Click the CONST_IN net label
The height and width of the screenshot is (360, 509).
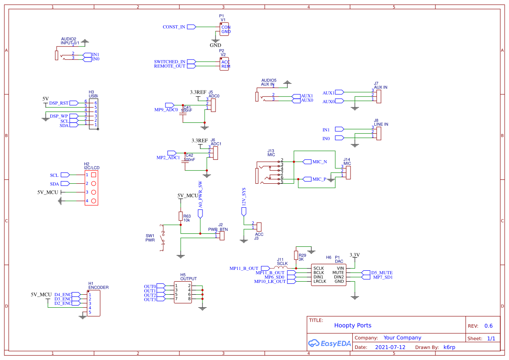(174, 27)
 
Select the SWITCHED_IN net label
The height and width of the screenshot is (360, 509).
(170, 62)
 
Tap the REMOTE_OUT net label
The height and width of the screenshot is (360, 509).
(170, 66)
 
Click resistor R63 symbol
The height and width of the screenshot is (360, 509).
(180, 216)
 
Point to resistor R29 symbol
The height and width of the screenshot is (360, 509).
(296, 256)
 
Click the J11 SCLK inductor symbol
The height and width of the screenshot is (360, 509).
(282, 267)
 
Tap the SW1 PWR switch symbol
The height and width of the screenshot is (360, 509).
(162, 239)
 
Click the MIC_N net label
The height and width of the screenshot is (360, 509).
(319, 161)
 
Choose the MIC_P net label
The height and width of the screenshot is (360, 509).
(319, 179)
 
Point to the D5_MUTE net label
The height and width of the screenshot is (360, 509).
(381, 273)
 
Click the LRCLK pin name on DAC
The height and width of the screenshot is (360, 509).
(319, 281)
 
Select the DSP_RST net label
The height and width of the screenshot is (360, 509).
(59, 103)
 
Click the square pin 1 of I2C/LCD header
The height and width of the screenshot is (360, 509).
(93, 175)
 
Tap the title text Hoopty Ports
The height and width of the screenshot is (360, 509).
(353, 325)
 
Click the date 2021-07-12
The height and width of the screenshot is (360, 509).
(390, 347)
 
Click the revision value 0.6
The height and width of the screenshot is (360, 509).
(489, 326)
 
